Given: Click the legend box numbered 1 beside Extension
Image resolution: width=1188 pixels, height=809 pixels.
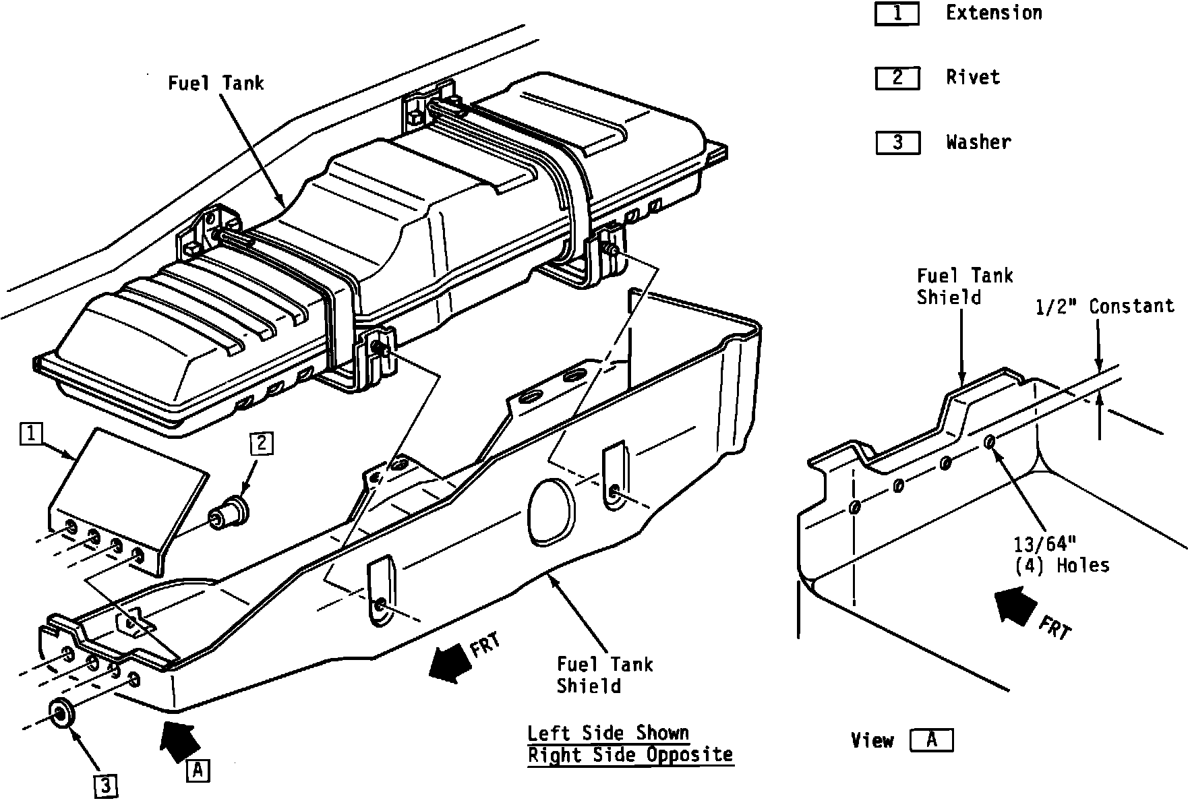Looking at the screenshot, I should click(x=897, y=14).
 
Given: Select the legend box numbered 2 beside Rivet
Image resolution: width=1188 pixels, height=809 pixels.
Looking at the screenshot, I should click(x=897, y=78).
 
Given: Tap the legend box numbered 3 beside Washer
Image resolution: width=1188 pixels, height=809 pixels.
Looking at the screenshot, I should click(x=897, y=143).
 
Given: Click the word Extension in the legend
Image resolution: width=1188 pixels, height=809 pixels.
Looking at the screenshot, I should click(x=994, y=13).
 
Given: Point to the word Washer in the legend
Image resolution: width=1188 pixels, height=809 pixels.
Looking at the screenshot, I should click(x=978, y=142).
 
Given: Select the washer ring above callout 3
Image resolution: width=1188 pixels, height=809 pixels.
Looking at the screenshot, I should click(x=62, y=713).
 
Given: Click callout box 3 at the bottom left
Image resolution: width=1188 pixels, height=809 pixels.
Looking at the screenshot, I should click(x=106, y=785).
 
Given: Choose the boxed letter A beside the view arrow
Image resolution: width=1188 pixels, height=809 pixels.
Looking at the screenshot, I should click(x=197, y=770).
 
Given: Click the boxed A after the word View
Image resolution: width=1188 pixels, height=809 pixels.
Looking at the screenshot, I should click(x=931, y=740).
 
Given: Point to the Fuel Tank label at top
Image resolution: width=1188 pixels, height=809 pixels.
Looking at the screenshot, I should click(x=216, y=84).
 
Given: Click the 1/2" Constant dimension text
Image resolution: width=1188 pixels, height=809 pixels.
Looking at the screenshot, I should click(x=1104, y=307).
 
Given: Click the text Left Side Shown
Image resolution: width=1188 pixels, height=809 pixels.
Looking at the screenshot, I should click(x=607, y=733).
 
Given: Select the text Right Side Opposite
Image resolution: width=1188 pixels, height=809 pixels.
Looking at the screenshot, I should click(x=630, y=755).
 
